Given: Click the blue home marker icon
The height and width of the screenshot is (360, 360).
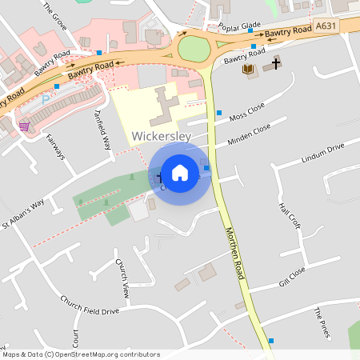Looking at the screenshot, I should pyautogui.click(x=180, y=172).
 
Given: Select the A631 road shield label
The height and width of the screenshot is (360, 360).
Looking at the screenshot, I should pyautogui.click(x=325, y=26).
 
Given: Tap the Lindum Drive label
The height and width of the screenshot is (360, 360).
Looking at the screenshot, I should pyautogui.click(x=322, y=153).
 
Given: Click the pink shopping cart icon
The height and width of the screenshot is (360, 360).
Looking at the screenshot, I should pyautogui.click(x=25, y=126).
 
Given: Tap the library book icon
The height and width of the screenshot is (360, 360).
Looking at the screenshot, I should pyautogui.click(x=248, y=70).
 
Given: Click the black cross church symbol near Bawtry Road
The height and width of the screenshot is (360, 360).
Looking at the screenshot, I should pyautogui.click(x=277, y=62).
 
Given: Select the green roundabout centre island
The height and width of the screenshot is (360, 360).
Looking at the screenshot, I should pyautogui.click(x=194, y=49).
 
